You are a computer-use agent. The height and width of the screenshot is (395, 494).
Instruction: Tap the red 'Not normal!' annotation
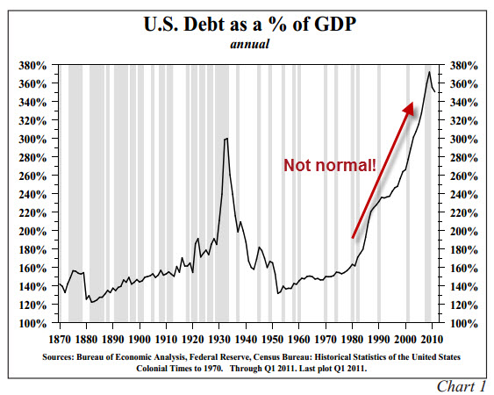pyautogui.click(x=329, y=164)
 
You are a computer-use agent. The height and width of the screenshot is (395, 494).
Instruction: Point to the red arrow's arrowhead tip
pyautogui.click(x=413, y=102)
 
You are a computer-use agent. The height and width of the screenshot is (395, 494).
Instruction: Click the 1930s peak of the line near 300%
pyautogui.click(x=226, y=139)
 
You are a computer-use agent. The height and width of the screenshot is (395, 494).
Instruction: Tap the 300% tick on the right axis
pyautogui.click(x=462, y=140)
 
